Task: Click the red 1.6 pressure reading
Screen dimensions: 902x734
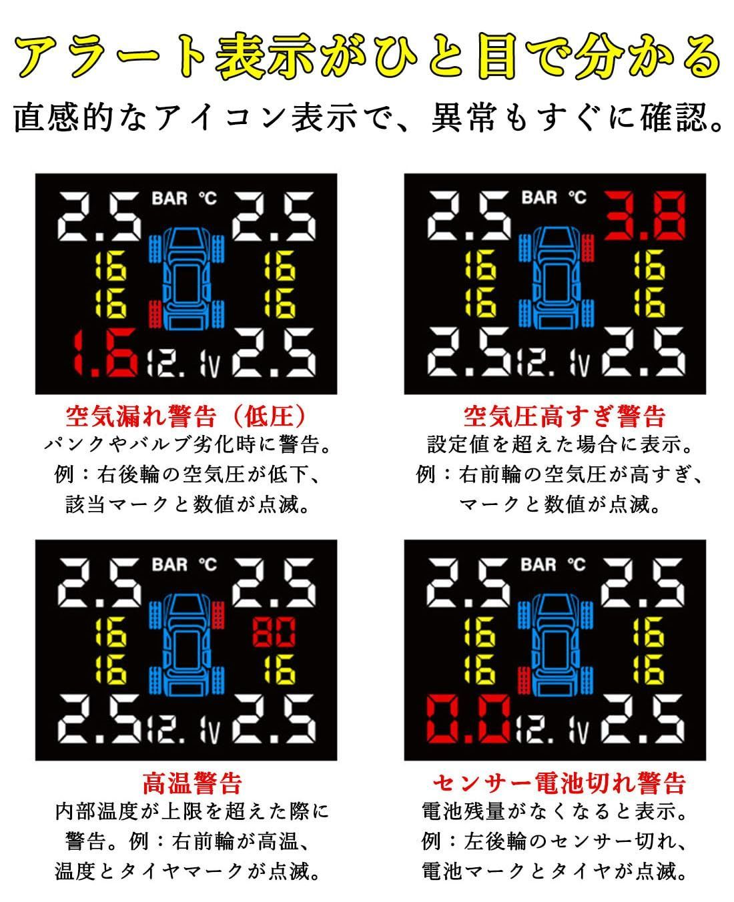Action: tap(105, 351)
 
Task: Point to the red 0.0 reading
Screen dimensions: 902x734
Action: tap(469, 720)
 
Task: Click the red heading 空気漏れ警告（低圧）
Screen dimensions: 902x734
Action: tap(186, 417)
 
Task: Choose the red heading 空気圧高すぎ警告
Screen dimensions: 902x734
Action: tap(564, 417)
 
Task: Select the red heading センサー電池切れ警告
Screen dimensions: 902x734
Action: tap(559, 782)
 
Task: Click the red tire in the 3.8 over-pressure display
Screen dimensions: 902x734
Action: tap(589, 246)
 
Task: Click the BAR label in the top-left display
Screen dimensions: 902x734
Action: tap(169, 198)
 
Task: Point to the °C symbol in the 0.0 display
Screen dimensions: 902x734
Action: tap(577, 564)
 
